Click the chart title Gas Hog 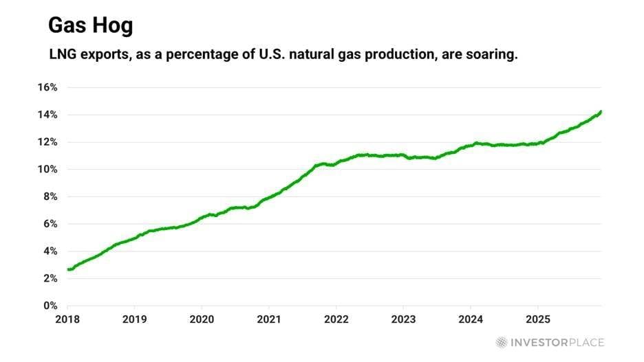pos(90,26)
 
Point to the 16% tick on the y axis pos(47,88)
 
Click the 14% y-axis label pos(47,115)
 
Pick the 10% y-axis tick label pos(47,170)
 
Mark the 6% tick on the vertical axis pos(50,224)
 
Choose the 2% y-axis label pos(50,278)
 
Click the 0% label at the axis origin pos(50,306)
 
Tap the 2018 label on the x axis pos(67,319)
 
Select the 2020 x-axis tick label pos(201,319)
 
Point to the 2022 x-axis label pos(336,319)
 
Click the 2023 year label pos(402,319)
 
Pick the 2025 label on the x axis pos(537,319)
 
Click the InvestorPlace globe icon pos(502,342)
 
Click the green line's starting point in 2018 pos(68,269)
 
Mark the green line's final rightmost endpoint pos(601,111)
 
